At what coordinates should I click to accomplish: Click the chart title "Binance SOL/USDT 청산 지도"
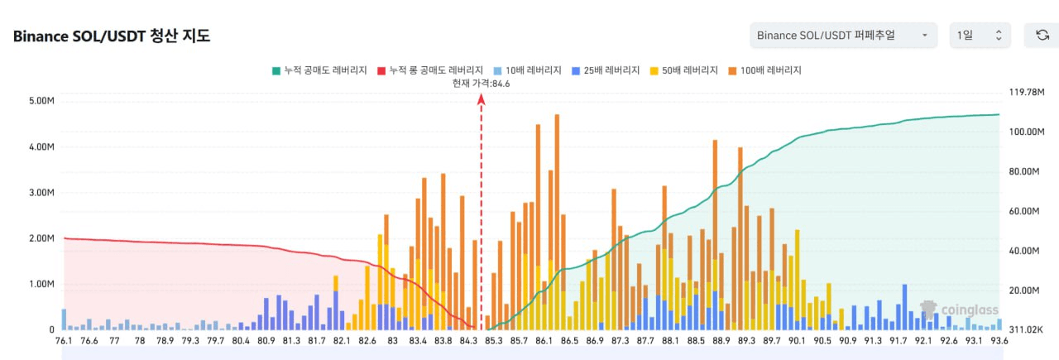coord(112,36)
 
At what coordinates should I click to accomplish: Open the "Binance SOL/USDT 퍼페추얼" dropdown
coord(842,35)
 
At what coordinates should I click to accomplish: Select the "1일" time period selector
coord(980,35)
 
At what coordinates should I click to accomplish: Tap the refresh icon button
coord(1042,35)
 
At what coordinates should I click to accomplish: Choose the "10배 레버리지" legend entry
coord(526,70)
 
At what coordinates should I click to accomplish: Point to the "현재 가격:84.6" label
coord(481,83)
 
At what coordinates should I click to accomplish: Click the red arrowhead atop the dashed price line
coord(482,98)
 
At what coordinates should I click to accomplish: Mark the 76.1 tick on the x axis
coord(64,340)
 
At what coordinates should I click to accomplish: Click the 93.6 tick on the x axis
coord(999,340)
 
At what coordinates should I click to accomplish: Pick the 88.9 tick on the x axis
coord(721,340)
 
